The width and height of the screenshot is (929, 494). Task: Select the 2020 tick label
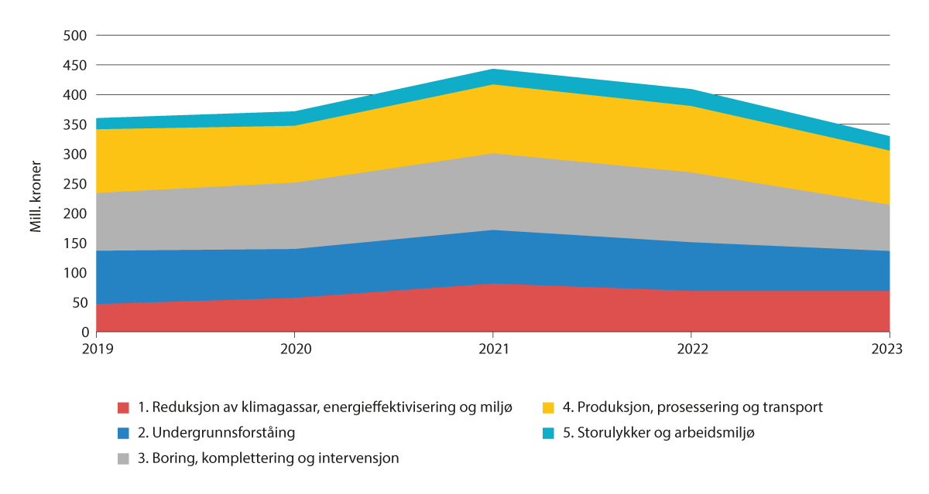[296, 349]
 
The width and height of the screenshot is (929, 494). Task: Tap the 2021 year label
[493, 349]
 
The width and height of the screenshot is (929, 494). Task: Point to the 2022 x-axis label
[691, 349]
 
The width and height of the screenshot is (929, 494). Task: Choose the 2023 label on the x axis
[886, 349]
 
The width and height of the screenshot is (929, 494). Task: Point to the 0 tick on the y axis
[85, 332]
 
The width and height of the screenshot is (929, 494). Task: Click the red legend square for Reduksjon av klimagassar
[122, 407]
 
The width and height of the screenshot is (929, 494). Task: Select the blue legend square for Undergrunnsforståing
[122, 433]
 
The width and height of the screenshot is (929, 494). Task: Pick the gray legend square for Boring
[122, 458]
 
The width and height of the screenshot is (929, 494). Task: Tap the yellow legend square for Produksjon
[547, 407]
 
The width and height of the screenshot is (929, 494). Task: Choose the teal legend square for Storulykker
[547, 433]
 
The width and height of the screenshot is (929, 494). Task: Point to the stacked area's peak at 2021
[493, 70]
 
